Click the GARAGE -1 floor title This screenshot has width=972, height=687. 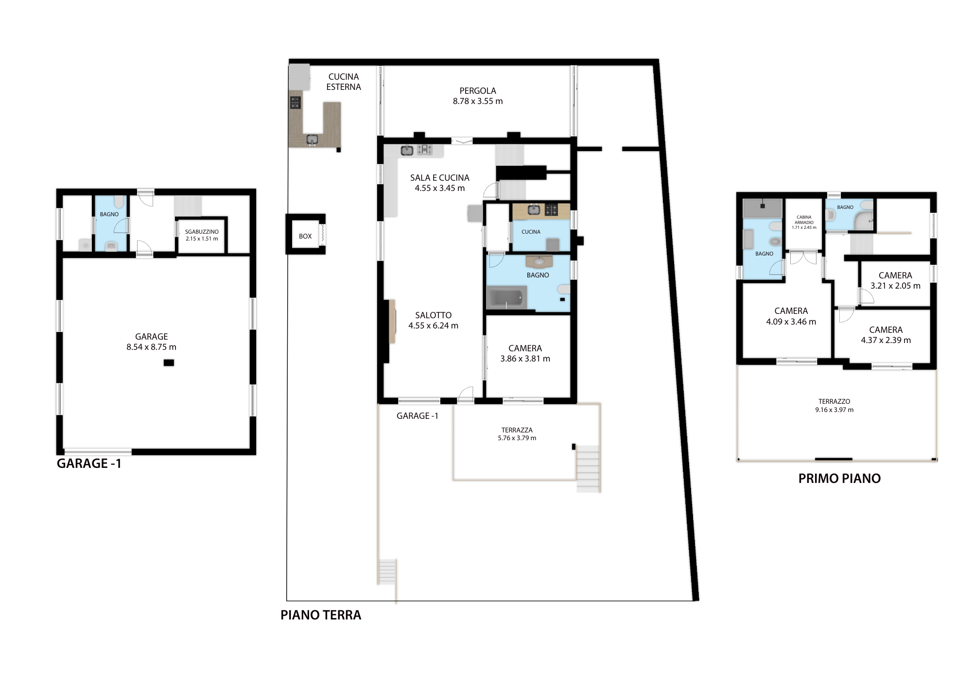pyautogui.click(x=89, y=464)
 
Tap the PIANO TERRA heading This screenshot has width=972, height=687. pyautogui.click(x=321, y=615)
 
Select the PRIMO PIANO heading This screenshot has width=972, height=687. pyautogui.click(x=839, y=479)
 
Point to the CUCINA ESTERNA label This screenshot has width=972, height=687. pyautogui.click(x=344, y=82)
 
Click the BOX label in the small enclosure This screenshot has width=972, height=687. pyautogui.click(x=305, y=236)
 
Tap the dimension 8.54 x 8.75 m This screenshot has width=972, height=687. pyautogui.click(x=151, y=347)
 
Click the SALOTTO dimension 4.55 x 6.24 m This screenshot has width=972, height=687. pyautogui.click(x=433, y=326)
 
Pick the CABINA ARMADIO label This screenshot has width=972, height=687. pyautogui.click(x=804, y=220)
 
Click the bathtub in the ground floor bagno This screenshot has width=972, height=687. pyautogui.click(x=506, y=297)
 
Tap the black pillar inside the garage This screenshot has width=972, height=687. pyautogui.click(x=169, y=362)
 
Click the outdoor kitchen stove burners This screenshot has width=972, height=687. pyautogui.click(x=295, y=103)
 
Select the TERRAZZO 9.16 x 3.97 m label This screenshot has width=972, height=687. pyautogui.click(x=834, y=405)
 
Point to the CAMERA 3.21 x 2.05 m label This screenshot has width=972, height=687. pyautogui.click(x=895, y=280)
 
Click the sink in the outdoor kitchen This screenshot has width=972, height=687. pyautogui.click(x=312, y=140)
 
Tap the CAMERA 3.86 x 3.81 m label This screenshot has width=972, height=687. pyautogui.click(x=525, y=353)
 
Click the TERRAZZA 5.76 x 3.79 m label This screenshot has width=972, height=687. pyautogui.click(x=517, y=434)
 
